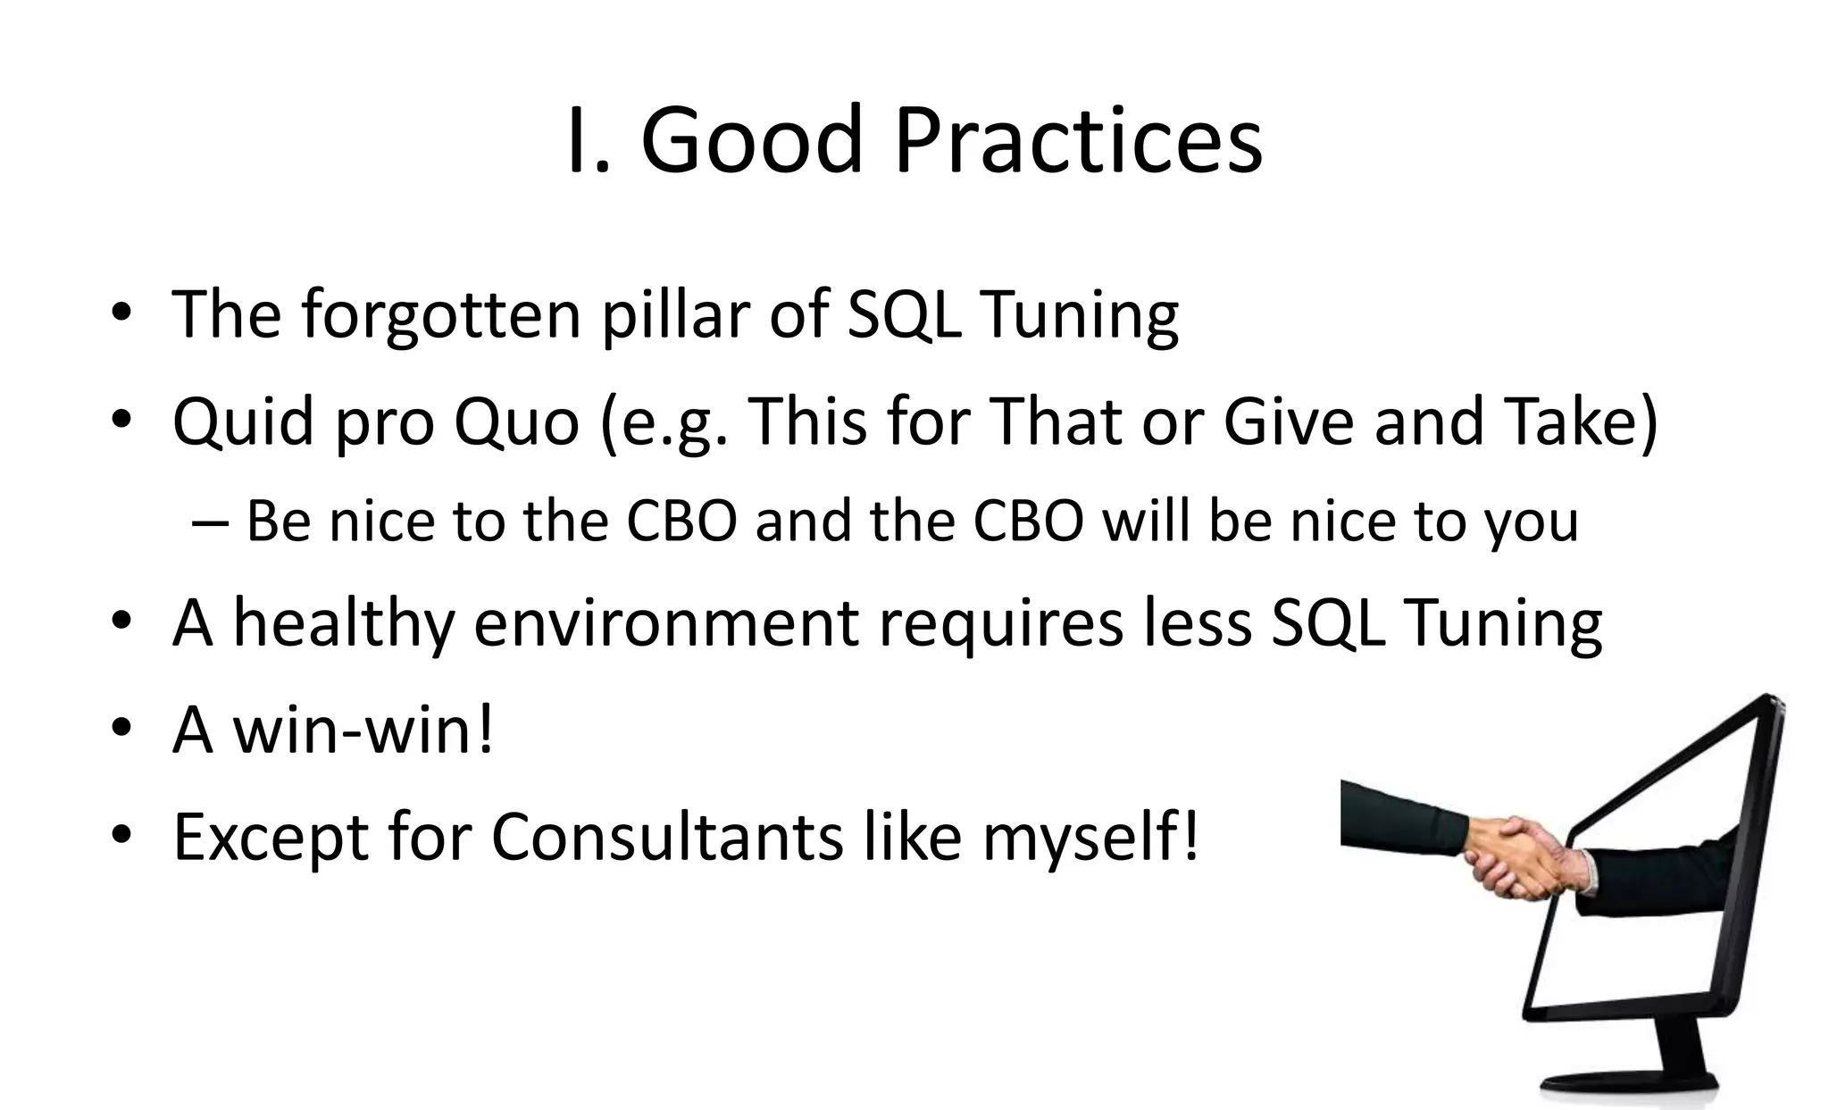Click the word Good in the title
coord(752,141)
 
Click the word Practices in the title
coord(1078,141)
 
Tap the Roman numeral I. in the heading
coord(589,141)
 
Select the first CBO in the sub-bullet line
coord(681,521)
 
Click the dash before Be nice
coord(211,522)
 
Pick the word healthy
coord(343,622)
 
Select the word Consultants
coord(667,838)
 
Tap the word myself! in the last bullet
coord(1090,838)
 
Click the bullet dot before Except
coord(122,835)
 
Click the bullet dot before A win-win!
coord(122,728)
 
